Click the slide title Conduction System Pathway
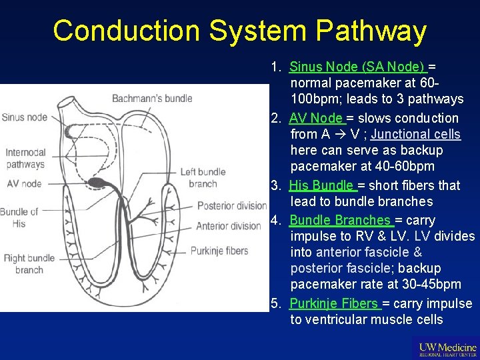(x=239, y=31)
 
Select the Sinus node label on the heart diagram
(x=24, y=117)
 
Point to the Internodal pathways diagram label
(x=25, y=158)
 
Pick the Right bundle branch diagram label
(x=29, y=264)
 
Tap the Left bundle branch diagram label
(x=203, y=178)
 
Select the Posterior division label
(x=231, y=205)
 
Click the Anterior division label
(x=228, y=226)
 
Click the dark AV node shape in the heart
(x=100, y=182)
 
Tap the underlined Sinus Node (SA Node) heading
(x=357, y=67)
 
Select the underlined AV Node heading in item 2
(x=317, y=118)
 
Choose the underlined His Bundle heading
(x=323, y=185)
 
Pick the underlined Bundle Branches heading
(x=341, y=220)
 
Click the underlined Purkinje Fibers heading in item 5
(x=335, y=303)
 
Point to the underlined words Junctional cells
(x=416, y=134)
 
